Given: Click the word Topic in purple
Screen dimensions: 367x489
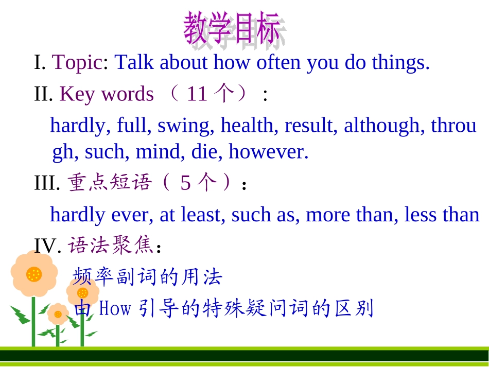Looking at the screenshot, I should click(77, 63).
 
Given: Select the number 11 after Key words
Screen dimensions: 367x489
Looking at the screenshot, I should click(197, 94).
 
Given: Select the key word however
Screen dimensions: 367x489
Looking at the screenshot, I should click(268, 152).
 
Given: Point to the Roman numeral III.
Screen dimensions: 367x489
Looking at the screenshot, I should click(47, 184).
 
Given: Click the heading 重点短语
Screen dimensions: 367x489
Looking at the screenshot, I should click(111, 183).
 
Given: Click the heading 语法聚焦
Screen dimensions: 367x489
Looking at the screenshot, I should click(111, 246).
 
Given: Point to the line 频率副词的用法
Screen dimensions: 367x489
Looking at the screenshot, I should click(147, 277).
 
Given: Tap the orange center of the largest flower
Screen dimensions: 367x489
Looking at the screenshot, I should click(34, 273).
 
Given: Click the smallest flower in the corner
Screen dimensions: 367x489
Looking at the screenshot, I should click(58, 313).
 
